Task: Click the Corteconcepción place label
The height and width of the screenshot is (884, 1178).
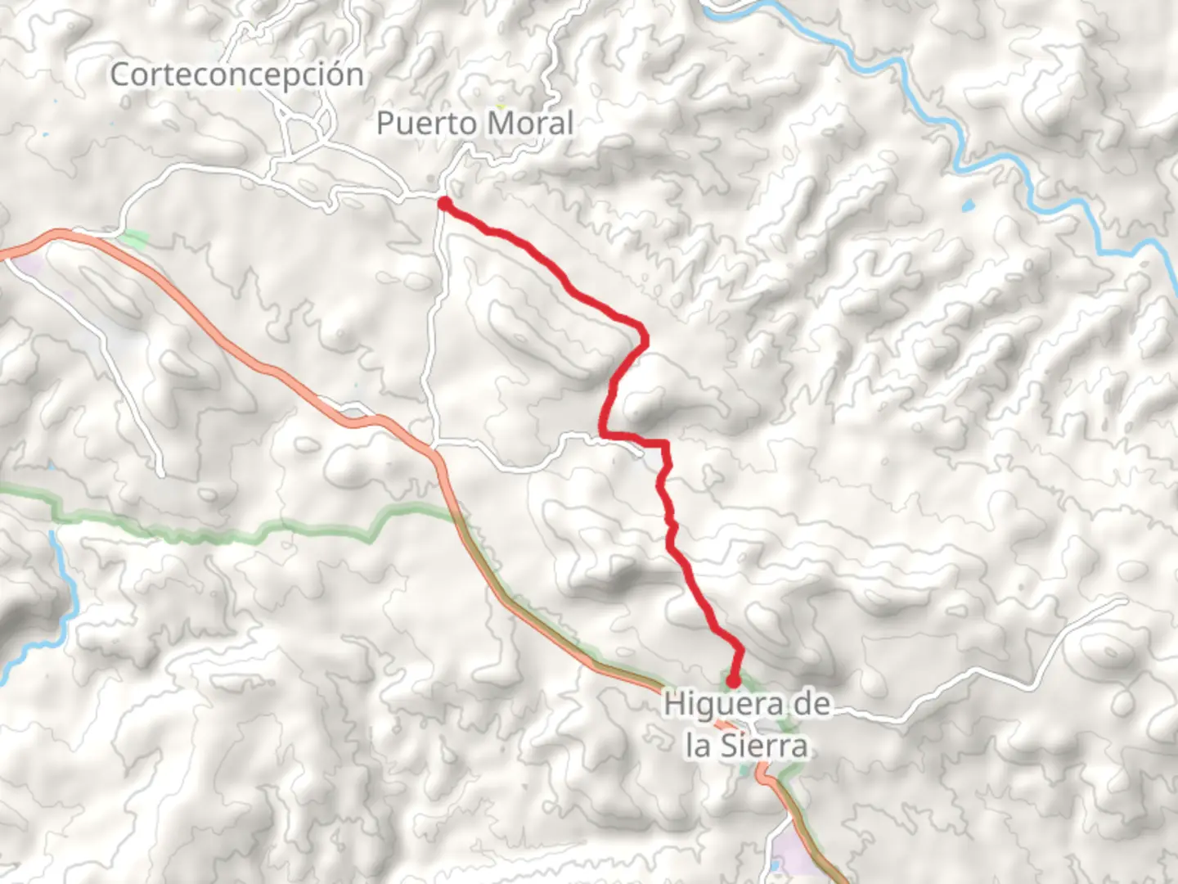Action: click(x=236, y=75)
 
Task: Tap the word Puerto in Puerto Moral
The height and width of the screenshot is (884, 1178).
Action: click(x=424, y=124)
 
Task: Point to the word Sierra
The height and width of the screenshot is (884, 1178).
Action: click(x=763, y=746)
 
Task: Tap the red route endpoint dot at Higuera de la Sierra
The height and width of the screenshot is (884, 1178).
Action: click(x=733, y=680)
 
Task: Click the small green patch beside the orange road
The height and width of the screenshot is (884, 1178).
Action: click(x=133, y=240)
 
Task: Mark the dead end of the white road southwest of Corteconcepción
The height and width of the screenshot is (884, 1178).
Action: click(x=162, y=473)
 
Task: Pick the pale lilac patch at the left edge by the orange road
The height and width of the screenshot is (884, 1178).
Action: click(x=31, y=264)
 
